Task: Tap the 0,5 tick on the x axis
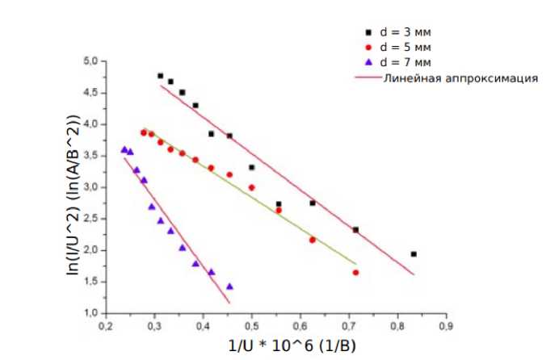point(251,326)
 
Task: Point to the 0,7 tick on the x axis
point(349,326)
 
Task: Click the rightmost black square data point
point(414,253)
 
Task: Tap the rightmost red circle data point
point(355,273)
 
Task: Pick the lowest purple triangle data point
point(229,286)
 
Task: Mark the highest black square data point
point(161,76)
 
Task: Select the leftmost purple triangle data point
point(124,149)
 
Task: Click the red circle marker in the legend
point(367,48)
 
